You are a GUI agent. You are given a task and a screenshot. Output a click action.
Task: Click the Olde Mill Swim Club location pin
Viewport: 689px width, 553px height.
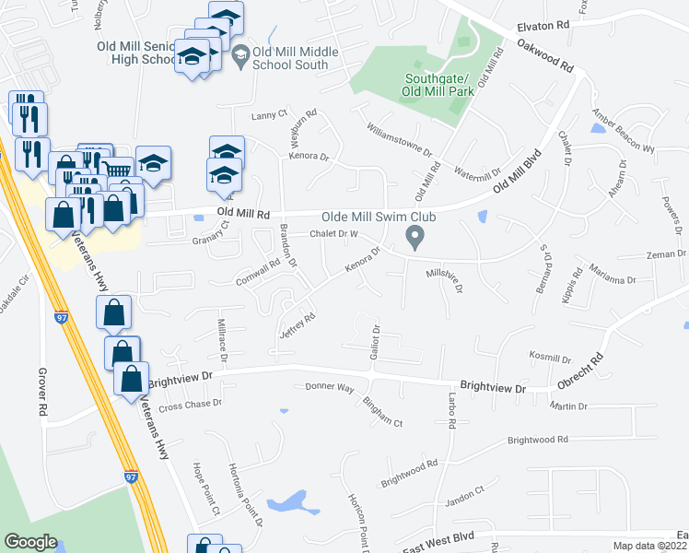pyautogui.click(x=415, y=240)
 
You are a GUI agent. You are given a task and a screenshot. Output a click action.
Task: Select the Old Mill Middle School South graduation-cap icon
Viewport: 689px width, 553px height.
pyautogui.click(x=240, y=56)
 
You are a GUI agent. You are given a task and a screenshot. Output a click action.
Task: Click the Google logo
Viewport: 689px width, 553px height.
pyautogui.click(x=31, y=542)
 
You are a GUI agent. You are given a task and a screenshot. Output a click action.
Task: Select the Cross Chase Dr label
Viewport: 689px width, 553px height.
pyautogui.click(x=191, y=404)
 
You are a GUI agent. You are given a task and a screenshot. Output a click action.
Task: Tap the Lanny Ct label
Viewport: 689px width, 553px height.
pyautogui.click(x=270, y=117)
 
